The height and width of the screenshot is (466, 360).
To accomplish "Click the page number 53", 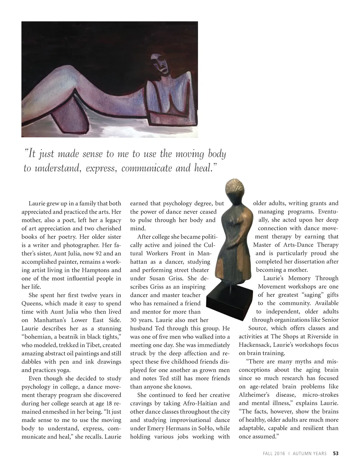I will point(336,453).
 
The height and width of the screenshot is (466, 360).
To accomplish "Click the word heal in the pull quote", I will point(203,168).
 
